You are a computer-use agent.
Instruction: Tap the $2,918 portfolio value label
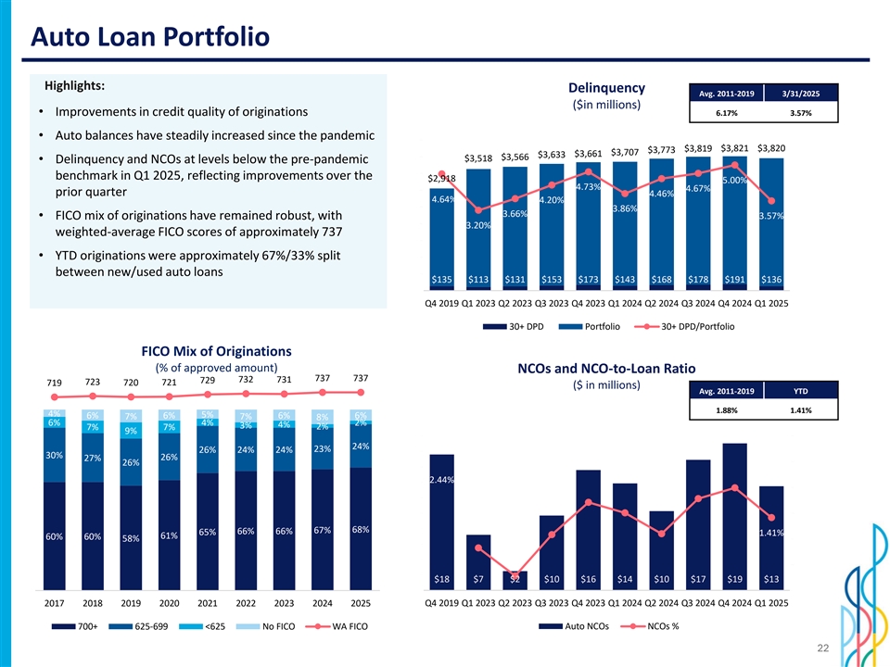(x=441, y=178)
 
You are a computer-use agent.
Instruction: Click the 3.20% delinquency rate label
(x=478, y=225)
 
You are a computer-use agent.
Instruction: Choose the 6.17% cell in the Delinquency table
(x=726, y=114)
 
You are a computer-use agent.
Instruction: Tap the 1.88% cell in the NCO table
(x=726, y=410)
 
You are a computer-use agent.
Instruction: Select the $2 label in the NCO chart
(x=515, y=580)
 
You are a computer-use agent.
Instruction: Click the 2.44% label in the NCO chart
(x=442, y=480)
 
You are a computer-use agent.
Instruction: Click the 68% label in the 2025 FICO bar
(x=361, y=530)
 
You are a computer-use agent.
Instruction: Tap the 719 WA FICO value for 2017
(x=55, y=384)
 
